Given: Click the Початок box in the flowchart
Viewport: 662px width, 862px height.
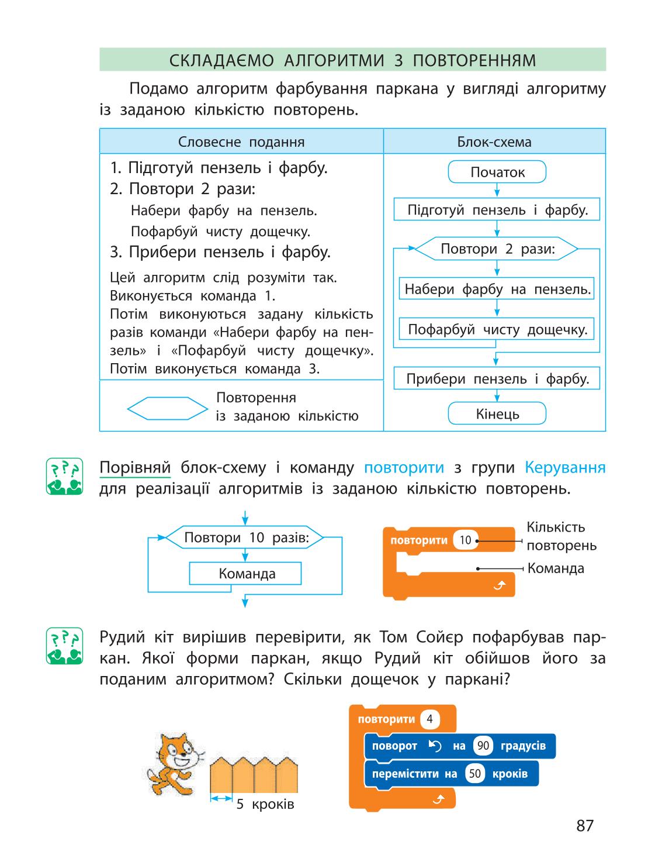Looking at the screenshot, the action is [497, 172].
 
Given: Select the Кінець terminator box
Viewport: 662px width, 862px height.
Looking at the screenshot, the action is [497, 413].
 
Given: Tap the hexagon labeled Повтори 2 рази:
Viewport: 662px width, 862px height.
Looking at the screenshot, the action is [497, 249].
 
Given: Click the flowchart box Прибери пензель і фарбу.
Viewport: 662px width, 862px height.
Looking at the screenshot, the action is [497, 378].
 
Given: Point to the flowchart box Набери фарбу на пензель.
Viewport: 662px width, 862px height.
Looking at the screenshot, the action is [497, 288].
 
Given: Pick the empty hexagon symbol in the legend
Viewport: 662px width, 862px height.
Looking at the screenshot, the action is [167, 408].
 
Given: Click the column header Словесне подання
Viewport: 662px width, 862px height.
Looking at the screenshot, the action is [241, 142].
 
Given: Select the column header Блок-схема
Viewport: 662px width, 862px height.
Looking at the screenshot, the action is [494, 142].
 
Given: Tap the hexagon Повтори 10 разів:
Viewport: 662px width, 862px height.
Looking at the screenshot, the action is [244, 537].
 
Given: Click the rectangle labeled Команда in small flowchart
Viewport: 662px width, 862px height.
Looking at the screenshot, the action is [245, 573].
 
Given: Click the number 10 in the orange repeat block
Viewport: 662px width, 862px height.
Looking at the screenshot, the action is [466, 540].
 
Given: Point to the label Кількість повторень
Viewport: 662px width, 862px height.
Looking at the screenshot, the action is [562, 536].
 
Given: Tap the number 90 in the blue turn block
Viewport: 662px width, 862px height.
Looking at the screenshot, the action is [483, 746].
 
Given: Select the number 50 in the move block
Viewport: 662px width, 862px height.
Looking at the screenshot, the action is [474, 773].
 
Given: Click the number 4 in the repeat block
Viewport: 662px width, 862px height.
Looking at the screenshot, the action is [430, 719].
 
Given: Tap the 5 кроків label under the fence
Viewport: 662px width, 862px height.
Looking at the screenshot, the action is [265, 804].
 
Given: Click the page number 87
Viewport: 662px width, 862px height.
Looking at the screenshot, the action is [585, 825].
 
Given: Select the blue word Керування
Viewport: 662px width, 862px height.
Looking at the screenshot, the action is [565, 468].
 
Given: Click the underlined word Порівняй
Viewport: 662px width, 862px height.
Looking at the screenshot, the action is [135, 468].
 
